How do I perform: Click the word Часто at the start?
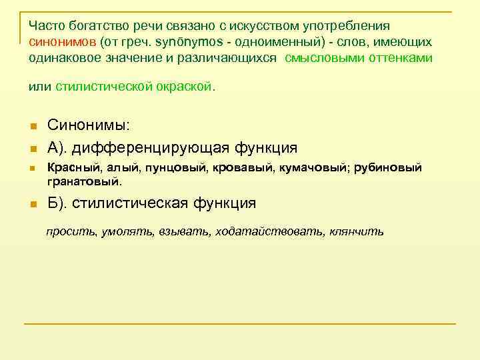click(x=45, y=26)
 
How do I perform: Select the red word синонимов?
click(x=62, y=41)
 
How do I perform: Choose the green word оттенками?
click(x=399, y=57)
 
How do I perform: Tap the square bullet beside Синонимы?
click(x=32, y=127)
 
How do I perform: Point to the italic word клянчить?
click(x=356, y=232)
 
